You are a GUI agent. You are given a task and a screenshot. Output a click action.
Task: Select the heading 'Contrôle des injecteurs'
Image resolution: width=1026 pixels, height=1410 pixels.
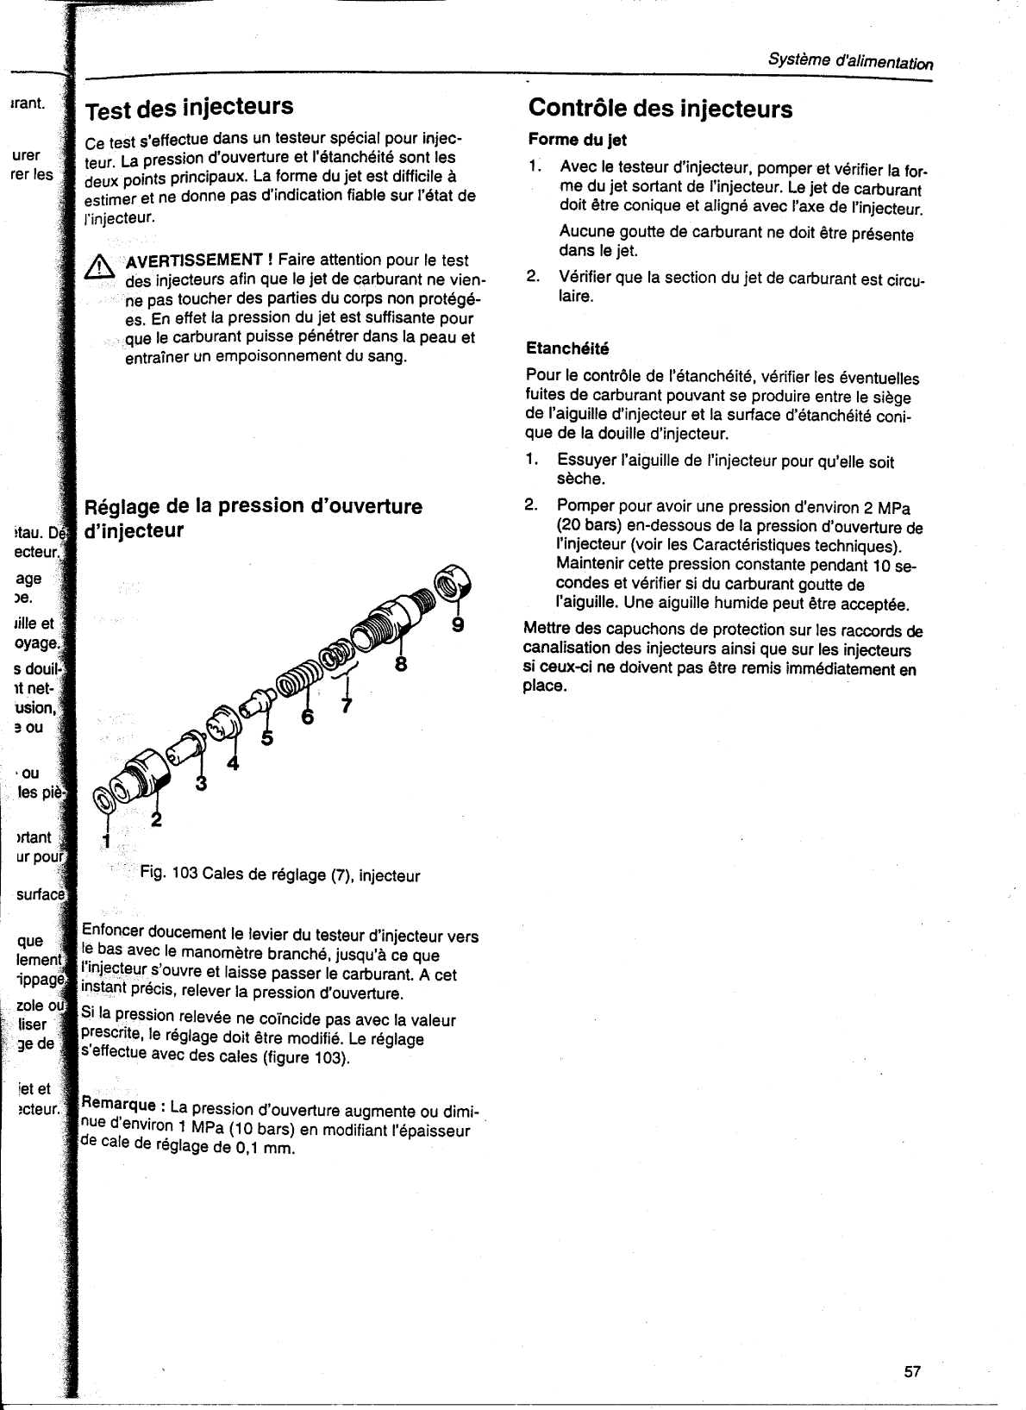pyautogui.click(x=660, y=109)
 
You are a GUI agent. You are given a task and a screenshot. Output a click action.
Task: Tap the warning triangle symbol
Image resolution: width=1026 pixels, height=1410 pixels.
pyautogui.click(x=101, y=268)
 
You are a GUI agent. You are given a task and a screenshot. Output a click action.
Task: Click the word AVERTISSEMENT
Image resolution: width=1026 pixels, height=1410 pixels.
pyautogui.click(x=194, y=260)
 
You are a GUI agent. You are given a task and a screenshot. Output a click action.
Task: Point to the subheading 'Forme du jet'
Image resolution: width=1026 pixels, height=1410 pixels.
pyautogui.click(x=577, y=140)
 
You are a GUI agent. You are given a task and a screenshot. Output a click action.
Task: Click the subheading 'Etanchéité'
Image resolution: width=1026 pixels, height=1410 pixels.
pyautogui.click(x=567, y=348)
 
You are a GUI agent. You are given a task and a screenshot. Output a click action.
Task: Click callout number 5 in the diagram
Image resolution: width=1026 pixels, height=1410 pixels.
pyautogui.click(x=266, y=738)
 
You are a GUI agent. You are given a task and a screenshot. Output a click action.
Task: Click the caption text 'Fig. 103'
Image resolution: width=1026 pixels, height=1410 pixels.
pyautogui.click(x=169, y=875)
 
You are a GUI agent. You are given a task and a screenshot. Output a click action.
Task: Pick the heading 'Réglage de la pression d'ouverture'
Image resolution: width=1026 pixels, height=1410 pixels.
pyautogui.click(x=251, y=506)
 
